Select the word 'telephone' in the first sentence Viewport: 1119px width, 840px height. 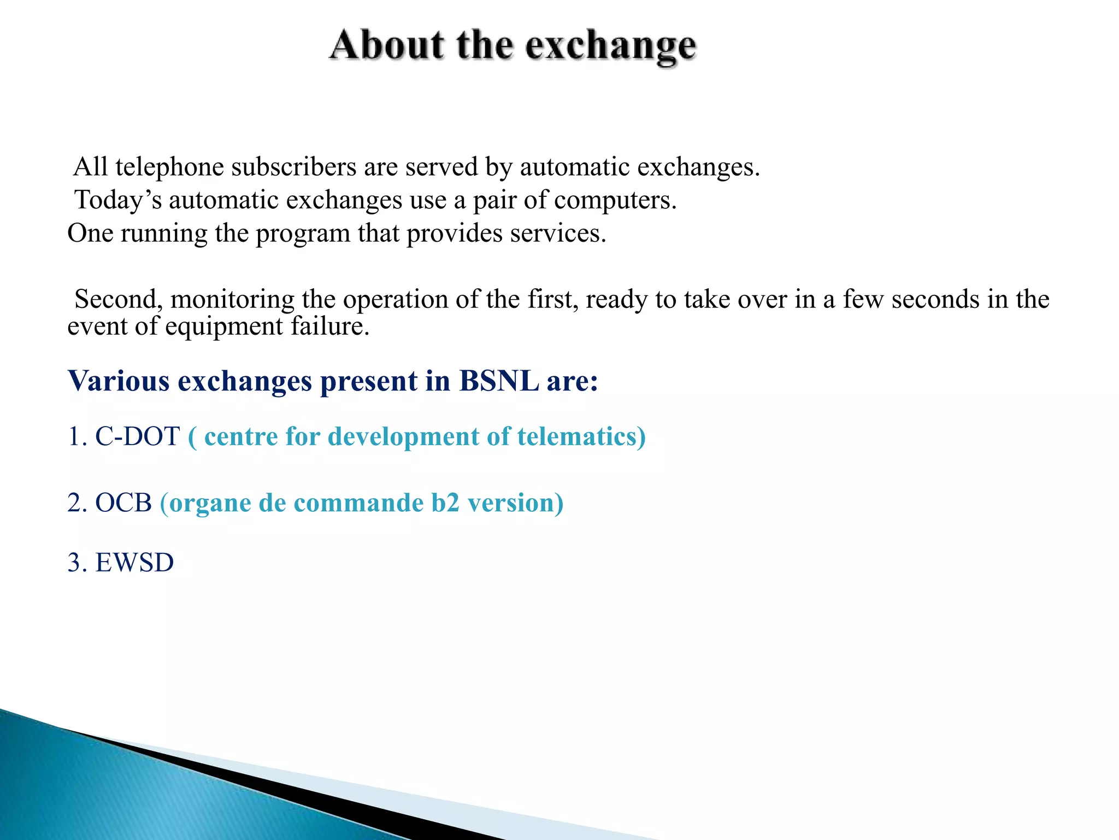tap(169, 167)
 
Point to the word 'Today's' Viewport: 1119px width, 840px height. tap(118, 200)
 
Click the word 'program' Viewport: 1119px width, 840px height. tap(303, 234)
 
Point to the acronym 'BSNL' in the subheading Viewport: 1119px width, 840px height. tap(499, 381)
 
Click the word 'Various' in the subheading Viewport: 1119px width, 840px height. tap(119, 381)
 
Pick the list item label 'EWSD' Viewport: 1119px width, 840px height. tap(134, 563)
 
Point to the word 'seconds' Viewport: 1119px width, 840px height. tap(935, 300)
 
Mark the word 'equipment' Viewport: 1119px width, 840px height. tap(224, 326)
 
